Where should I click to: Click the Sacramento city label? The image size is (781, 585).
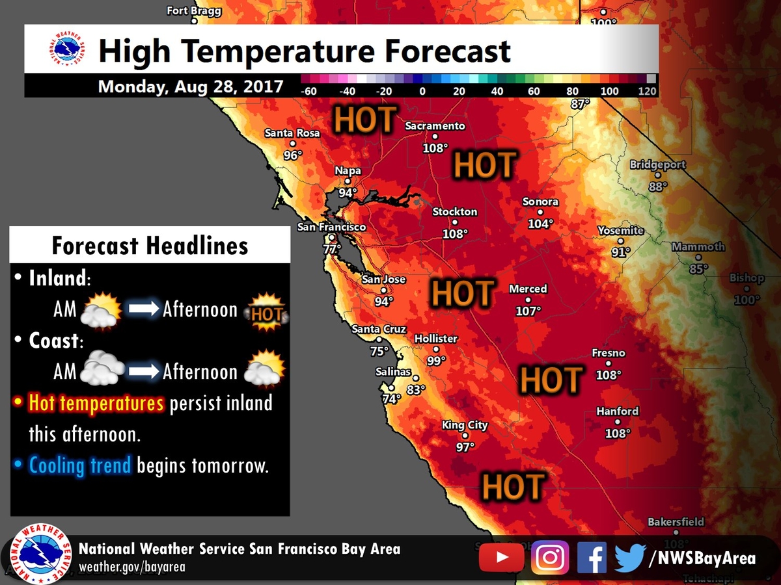(x=435, y=126)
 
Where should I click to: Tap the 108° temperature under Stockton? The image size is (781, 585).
(x=455, y=233)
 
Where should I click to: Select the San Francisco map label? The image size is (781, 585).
(x=331, y=227)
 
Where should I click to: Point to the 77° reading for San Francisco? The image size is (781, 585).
(x=332, y=249)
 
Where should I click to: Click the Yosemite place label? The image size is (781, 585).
(x=621, y=231)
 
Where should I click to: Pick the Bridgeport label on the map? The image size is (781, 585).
(x=657, y=165)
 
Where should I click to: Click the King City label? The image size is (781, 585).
(x=465, y=426)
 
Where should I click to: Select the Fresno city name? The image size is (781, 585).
(x=609, y=354)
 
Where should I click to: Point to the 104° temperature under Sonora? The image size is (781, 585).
(x=540, y=223)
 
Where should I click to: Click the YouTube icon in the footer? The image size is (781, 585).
(x=501, y=558)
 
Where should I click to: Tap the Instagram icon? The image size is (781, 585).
(x=550, y=558)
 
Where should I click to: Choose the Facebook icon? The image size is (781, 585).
(x=591, y=558)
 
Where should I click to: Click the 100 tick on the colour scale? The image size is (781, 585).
(x=609, y=92)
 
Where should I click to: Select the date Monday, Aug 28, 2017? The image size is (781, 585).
(x=191, y=86)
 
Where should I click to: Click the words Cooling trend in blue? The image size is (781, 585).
(x=81, y=465)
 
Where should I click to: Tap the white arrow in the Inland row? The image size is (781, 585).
(x=143, y=309)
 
